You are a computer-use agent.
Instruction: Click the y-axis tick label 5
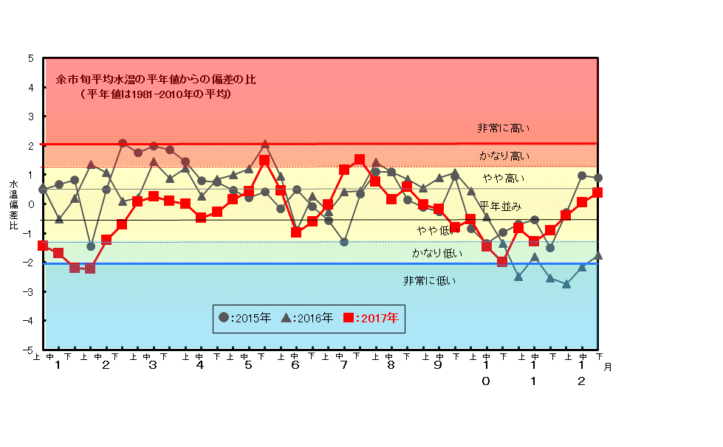[30, 58]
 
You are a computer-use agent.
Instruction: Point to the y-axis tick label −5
[28, 350]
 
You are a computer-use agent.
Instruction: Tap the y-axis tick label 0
[30, 204]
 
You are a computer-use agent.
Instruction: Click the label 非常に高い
[503, 128]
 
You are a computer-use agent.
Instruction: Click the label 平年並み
[500, 206]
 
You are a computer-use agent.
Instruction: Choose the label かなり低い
[437, 253]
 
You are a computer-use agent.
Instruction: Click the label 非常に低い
[429, 280]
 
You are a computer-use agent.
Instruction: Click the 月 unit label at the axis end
[607, 367]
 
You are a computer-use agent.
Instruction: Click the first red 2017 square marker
[43, 246]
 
